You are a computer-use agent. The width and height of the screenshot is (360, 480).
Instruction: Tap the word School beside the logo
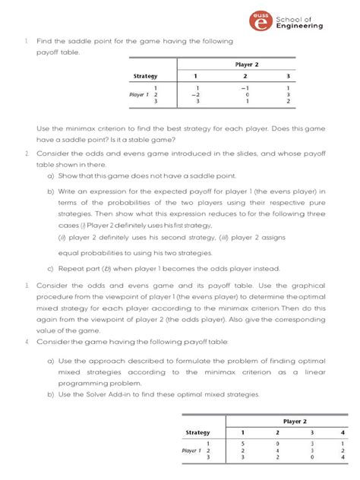point(289,17)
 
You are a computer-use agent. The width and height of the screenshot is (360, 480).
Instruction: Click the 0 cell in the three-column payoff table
point(245,94)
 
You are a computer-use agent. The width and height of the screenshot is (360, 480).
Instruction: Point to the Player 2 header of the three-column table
point(245,65)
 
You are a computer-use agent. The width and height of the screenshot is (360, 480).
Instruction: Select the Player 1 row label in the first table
point(141,94)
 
